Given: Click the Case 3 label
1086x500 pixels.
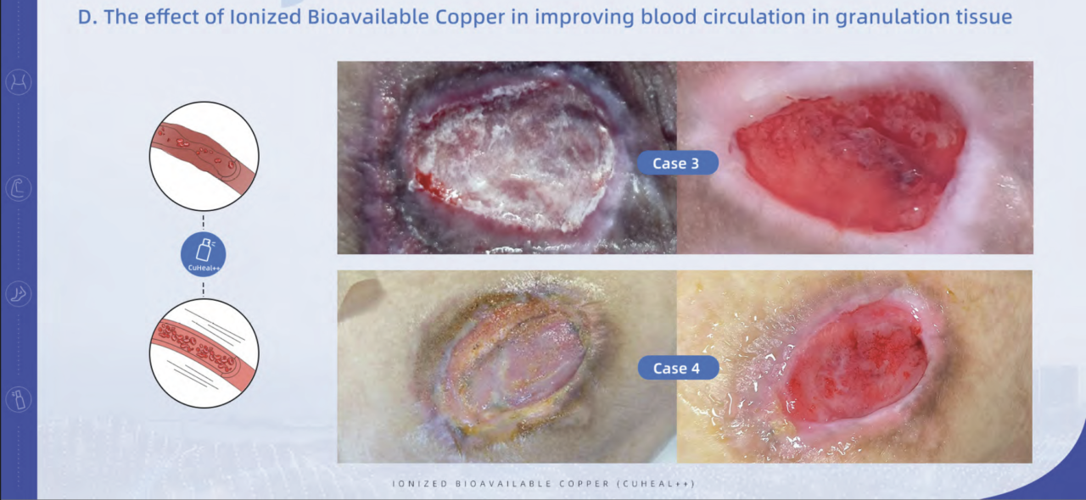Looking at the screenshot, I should tap(676, 164).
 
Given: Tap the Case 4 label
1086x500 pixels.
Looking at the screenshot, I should tap(676, 369).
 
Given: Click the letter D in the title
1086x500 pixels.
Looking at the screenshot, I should tap(84, 17).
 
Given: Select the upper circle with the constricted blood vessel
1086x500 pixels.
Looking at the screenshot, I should tap(204, 156).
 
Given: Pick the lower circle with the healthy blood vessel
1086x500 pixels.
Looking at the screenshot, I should tap(204, 353).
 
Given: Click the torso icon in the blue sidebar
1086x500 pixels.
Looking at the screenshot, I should tap(18, 82).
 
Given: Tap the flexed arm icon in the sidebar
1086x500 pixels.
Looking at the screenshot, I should tap(18, 188).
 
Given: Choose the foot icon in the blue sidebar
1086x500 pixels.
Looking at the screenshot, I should tap(18, 294).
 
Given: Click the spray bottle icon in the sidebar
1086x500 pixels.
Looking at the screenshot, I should tap(18, 399).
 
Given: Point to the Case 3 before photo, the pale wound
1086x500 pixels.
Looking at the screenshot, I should tap(507, 158).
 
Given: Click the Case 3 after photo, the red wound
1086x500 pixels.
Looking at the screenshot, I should tap(854, 158).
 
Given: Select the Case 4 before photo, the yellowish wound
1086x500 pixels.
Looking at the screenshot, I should tap(507, 366).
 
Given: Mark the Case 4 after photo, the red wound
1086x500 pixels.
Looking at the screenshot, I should tap(854, 366).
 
